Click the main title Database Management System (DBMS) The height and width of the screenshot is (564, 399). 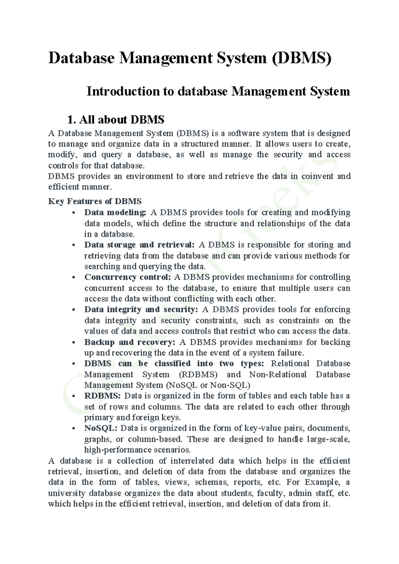190,58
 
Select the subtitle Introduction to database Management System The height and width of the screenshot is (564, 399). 218,91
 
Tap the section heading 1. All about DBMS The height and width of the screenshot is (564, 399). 116,119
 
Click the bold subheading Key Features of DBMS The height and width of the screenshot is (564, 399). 95,201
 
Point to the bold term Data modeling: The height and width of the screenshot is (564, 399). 115,212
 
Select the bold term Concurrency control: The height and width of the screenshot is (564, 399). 128,277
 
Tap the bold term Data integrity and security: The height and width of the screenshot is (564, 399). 141,310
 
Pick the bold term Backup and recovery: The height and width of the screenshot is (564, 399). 130,342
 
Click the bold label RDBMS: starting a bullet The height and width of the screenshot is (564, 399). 103,396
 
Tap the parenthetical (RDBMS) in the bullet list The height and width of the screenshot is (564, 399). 198,374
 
